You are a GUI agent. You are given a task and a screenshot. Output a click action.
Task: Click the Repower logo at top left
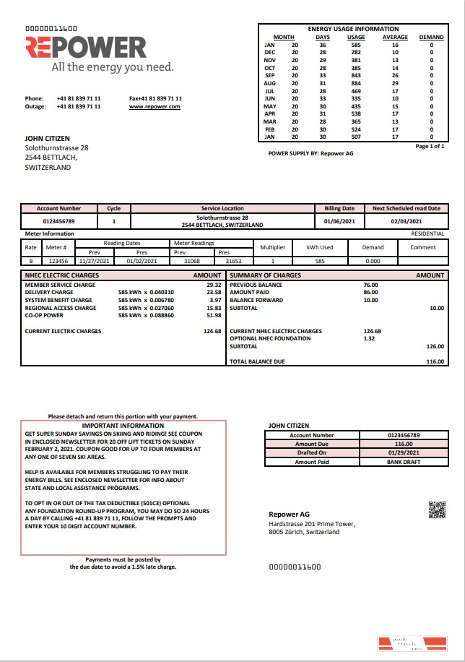(x=86, y=48)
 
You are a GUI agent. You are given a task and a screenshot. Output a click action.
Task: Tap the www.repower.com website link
(x=155, y=106)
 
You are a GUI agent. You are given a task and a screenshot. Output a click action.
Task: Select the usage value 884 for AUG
(x=356, y=84)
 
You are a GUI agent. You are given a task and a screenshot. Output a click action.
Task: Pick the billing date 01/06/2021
(x=339, y=222)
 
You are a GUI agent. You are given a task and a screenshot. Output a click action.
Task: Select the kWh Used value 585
(x=319, y=261)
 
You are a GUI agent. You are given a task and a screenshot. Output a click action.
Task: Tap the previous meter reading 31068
(x=192, y=261)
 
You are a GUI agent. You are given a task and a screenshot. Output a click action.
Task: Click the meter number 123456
(x=57, y=261)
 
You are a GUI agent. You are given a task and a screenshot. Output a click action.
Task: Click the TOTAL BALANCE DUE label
(x=257, y=361)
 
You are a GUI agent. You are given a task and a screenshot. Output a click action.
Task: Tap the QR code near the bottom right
(x=438, y=510)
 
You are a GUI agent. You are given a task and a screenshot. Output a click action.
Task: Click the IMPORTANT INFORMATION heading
(x=123, y=426)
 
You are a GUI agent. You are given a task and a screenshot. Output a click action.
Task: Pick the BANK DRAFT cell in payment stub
(x=404, y=462)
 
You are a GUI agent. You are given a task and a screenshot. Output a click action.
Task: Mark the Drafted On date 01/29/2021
(x=404, y=453)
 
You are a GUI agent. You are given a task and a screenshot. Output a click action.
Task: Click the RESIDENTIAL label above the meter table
(x=428, y=234)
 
